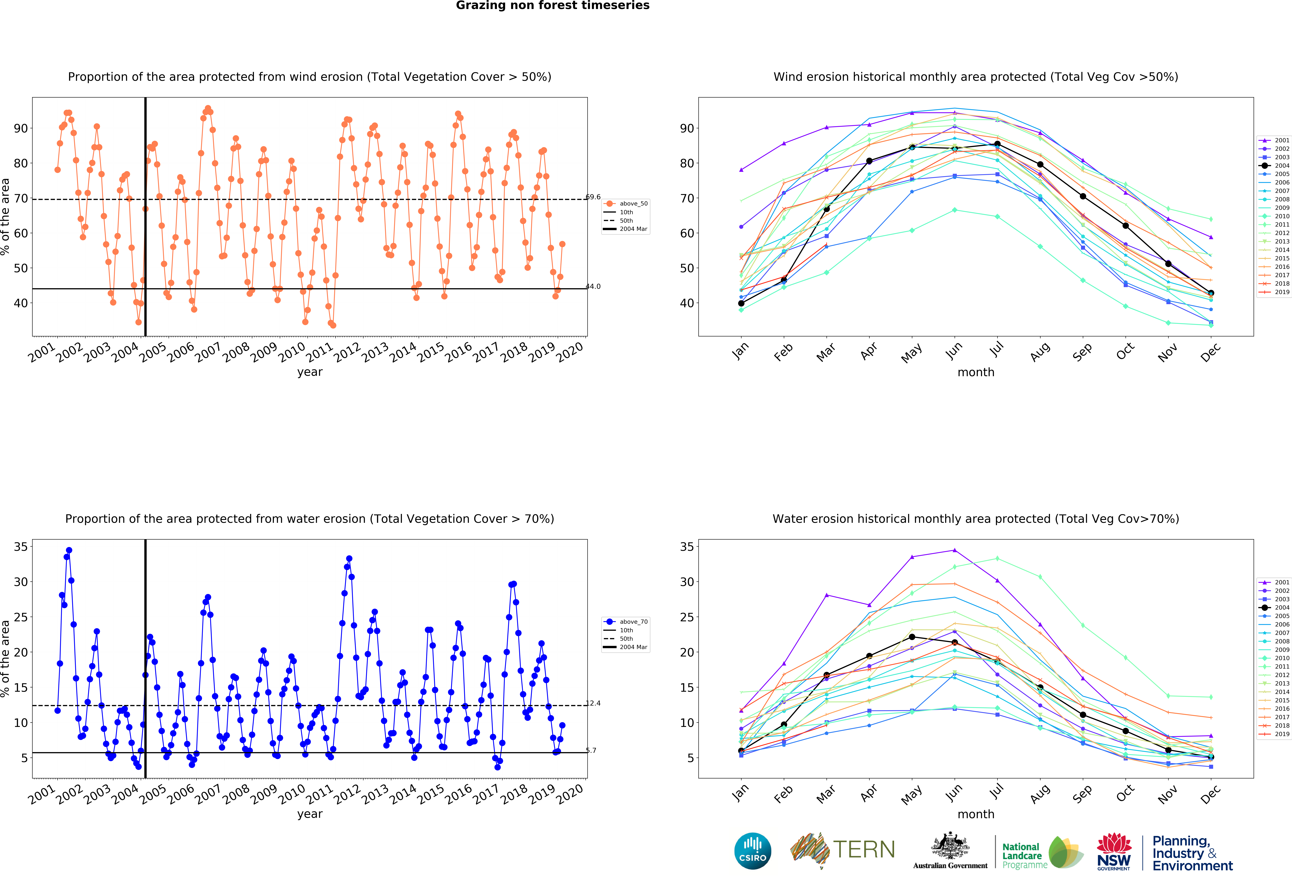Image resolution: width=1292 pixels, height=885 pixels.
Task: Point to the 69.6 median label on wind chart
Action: point(593,197)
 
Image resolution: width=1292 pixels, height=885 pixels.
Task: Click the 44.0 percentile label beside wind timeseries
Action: point(593,287)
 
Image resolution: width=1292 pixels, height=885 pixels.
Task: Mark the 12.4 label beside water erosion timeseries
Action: point(593,703)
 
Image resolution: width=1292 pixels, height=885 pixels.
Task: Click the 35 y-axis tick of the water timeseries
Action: point(21,547)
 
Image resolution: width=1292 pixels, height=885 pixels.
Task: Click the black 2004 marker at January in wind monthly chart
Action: point(741,303)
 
